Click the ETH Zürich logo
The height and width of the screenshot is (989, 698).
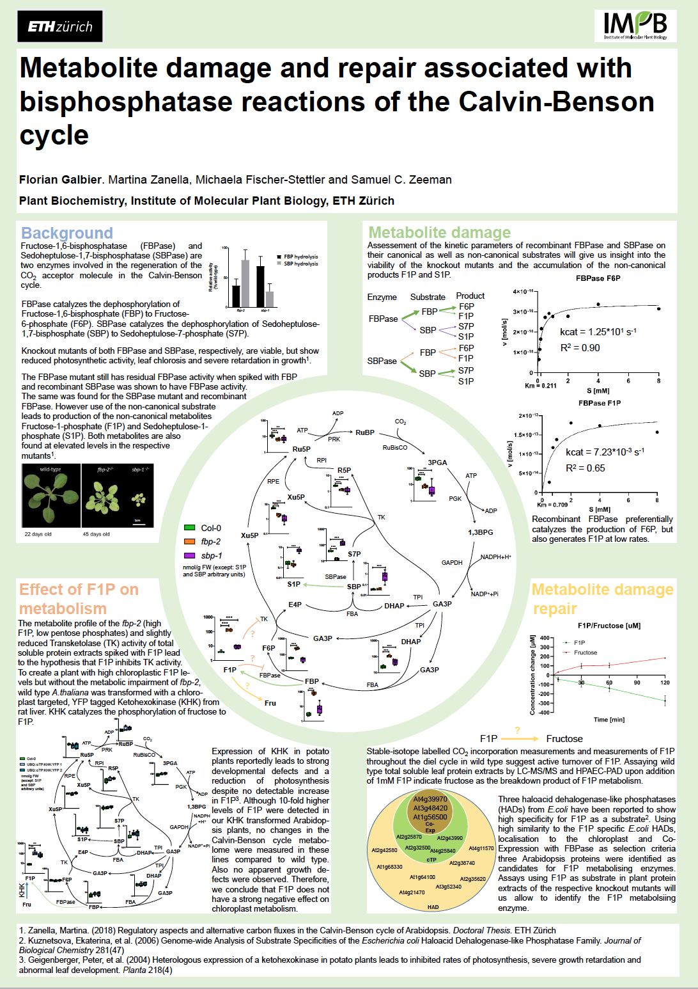point(60,26)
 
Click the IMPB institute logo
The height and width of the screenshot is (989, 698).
point(635,26)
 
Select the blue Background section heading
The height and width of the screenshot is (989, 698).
point(67,233)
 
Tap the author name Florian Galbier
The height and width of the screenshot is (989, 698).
point(61,180)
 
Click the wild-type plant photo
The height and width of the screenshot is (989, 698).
point(51,495)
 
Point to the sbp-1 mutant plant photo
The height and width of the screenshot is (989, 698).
point(140,495)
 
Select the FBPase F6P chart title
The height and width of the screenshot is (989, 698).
point(598,278)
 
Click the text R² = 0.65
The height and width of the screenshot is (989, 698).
point(585,468)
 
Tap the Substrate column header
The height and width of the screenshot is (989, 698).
point(428,297)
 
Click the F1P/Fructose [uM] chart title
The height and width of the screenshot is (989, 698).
point(609,626)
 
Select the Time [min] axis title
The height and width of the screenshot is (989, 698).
point(609,720)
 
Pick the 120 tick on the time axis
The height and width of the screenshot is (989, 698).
point(665,683)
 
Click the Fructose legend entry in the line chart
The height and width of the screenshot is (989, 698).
point(584,653)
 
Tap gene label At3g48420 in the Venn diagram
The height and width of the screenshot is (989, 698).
point(430,808)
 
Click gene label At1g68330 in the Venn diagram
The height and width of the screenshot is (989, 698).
point(389,867)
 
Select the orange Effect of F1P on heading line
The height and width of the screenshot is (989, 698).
point(79,589)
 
